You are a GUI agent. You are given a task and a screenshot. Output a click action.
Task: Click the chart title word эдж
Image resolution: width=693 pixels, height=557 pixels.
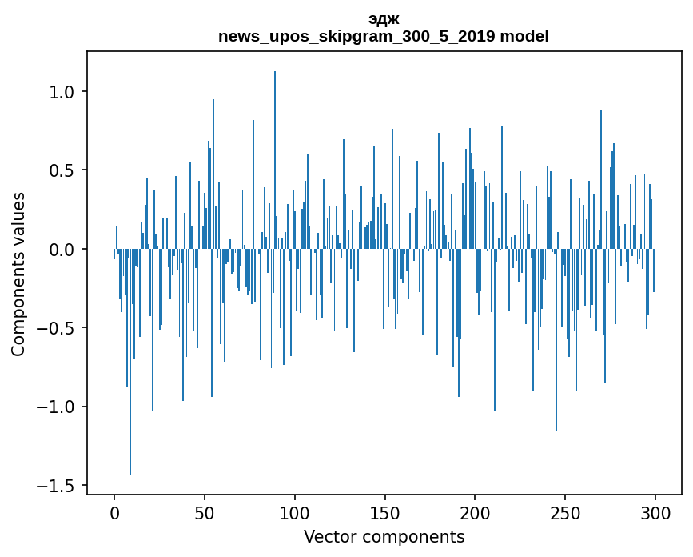coord(384,19)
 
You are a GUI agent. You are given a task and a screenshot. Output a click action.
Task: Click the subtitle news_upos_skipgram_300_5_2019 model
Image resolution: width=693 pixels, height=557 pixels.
coord(384,36)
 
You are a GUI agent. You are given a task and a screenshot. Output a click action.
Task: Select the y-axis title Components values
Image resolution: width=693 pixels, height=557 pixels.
coord(18,274)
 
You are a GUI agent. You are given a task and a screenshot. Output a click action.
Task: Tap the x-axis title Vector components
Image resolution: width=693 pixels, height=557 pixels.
coord(384,536)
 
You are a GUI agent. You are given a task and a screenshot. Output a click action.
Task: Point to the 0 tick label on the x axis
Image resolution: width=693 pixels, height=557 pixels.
coord(114,511)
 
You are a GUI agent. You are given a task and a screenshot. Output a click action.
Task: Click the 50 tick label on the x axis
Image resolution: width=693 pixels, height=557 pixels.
coord(205,511)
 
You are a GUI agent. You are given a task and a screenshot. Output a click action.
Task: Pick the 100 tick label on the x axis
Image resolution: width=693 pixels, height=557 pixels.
coord(295,511)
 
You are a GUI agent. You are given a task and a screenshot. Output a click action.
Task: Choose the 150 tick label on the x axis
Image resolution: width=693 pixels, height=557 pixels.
coord(385,511)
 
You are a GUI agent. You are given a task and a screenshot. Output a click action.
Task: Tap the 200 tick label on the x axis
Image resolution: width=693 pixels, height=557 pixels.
coord(476,511)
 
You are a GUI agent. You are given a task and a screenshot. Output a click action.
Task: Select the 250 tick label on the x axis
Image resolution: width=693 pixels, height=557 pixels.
coord(566,511)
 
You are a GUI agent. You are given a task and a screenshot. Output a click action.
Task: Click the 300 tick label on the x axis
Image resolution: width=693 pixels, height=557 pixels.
coord(655,511)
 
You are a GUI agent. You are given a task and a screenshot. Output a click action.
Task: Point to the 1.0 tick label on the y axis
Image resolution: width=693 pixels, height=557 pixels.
coord(62,92)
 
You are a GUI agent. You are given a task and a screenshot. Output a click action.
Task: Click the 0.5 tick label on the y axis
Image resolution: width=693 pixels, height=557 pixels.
coord(62,170)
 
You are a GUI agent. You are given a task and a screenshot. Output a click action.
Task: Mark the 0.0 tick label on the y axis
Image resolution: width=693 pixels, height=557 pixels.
coord(62,250)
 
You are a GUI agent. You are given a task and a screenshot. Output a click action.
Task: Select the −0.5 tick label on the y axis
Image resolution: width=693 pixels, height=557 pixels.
coord(57,328)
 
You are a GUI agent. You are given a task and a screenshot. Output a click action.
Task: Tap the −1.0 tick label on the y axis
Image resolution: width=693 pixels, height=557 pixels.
coord(57,407)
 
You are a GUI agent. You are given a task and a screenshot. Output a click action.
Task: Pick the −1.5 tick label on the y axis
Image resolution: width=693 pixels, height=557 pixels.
coord(57,486)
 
